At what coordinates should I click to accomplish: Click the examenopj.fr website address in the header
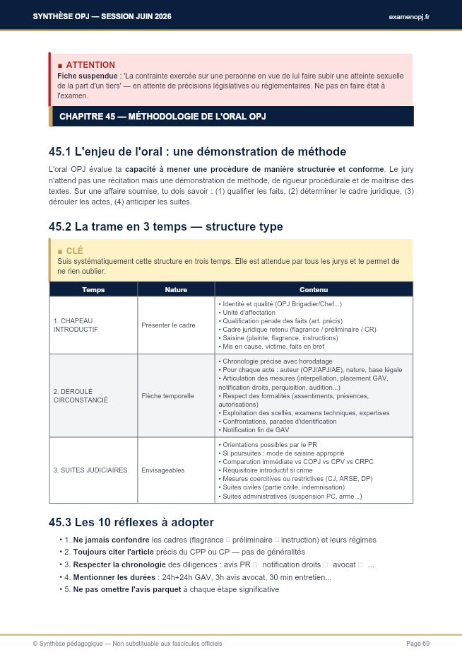pyautogui.click(x=409, y=16)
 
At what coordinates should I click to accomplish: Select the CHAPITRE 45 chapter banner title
pyautogui.click(x=162, y=116)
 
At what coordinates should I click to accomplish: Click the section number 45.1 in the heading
pyautogui.click(x=59, y=151)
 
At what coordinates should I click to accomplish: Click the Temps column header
pyautogui.click(x=93, y=289)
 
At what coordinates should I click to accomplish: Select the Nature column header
pyautogui.click(x=176, y=289)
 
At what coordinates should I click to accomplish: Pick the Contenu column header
pyautogui.click(x=314, y=289)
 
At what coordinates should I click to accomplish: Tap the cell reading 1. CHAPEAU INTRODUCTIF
pyautogui.click(x=76, y=325)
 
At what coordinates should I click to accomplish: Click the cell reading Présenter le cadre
pyautogui.click(x=168, y=325)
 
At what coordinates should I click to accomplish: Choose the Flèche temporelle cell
pyautogui.click(x=167, y=396)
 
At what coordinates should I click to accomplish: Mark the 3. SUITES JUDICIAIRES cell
pyautogui.click(x=90, y=470)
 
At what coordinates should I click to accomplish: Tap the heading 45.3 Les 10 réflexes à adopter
pyautogui.click(x=131, y=523)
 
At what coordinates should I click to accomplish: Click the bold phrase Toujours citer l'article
pyautogui.click(x=113, y=551)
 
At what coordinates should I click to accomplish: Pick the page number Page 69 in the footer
pyautogui.click(x=417, y=643)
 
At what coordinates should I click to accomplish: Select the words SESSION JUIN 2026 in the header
pyautogui.click(x=133, y=16)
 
